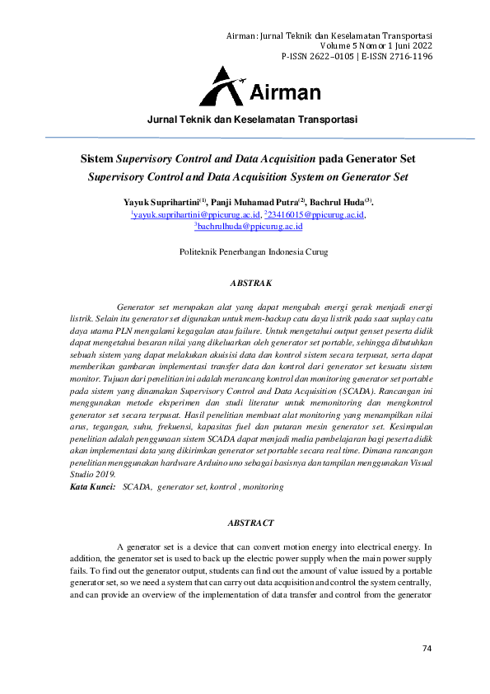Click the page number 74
click(427, 648)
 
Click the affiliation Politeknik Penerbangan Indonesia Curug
click(254, 252)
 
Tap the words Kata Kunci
click(92, 488)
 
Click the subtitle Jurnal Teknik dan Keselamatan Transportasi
click(252, 120)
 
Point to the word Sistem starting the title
click(96, 158)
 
